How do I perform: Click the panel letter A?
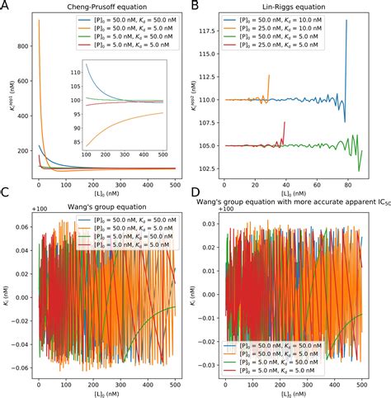click(x=6, y=7)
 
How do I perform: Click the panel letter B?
click(x=202, y=7)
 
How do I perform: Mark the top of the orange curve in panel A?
click(x=39, y=21)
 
